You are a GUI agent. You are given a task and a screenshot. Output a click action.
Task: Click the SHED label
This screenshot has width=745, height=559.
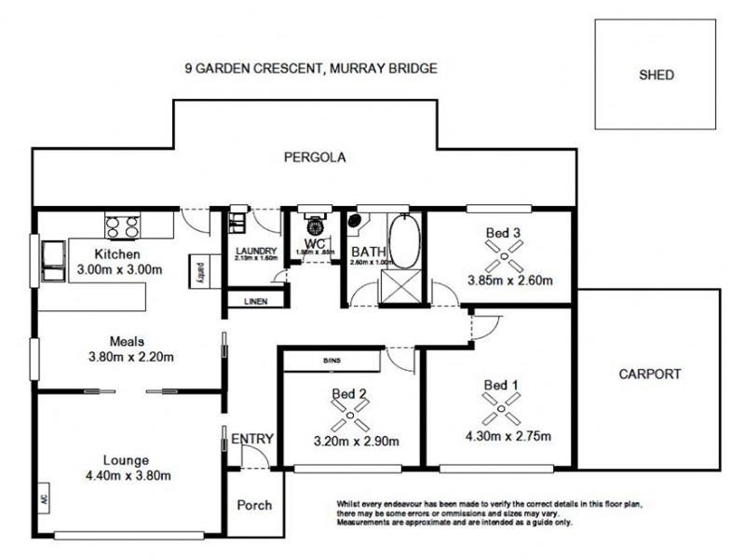coord(657,75)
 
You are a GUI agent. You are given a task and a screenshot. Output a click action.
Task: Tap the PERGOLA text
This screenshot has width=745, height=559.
coord(315,157)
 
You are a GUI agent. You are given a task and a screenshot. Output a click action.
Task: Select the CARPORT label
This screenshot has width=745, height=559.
coord(650,375)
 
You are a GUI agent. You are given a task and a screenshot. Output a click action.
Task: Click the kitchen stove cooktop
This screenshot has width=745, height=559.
coord(122,225)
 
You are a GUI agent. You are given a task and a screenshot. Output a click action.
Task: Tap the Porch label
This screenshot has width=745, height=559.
coord(254,505)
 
